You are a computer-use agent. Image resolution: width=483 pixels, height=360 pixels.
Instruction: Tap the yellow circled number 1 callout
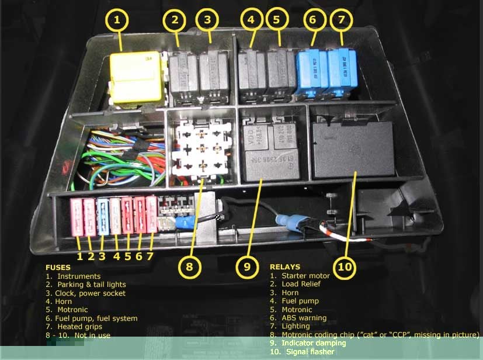tap(117, 21)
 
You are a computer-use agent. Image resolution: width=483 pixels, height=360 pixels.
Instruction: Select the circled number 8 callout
tap(189, 267)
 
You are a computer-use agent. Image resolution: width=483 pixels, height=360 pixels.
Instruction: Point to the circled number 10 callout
tap(346, 267)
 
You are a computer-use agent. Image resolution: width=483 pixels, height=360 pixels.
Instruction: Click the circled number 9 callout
tap(248, 267)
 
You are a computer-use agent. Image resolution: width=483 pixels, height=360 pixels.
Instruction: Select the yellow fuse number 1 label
tap(79, 256)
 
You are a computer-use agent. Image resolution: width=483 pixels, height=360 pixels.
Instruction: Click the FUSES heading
tap(58, 268)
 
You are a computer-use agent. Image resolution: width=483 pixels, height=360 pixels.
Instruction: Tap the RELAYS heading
tap(284, 267)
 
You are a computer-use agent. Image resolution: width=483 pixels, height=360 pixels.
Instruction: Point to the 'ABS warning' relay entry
tap(304, 318)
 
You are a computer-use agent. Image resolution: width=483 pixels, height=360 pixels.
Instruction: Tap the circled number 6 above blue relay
tap(312, 19)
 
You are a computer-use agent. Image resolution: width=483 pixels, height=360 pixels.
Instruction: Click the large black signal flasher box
tap(353, 148)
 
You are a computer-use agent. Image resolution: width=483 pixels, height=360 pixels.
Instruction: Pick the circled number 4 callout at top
tap(251, 19)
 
